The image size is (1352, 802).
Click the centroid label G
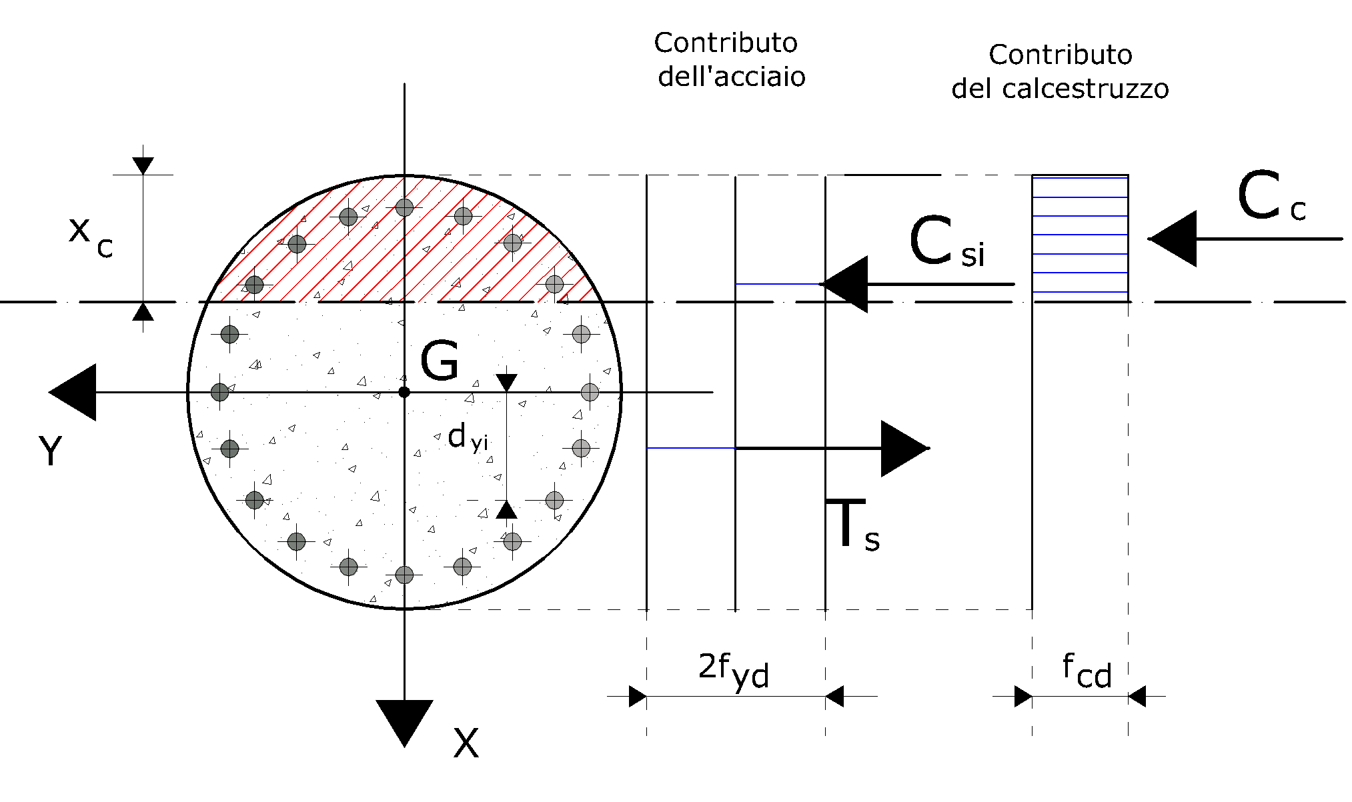(440, 361)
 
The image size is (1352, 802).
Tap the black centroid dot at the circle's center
(404, 392)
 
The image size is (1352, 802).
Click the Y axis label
(51, 451)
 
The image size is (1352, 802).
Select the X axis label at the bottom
(466, 743)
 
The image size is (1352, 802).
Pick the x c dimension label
(91, 237)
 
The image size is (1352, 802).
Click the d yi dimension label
(468, 439)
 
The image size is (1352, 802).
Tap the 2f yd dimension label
(734, 671)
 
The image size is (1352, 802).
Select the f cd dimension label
(1087, 671)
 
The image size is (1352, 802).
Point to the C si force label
(946, 241)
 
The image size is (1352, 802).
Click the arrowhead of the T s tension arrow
(905, 449)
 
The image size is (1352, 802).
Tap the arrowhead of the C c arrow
(1172, 239)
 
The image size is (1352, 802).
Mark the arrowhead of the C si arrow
(843, 284)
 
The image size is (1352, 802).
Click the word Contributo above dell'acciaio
(726, 43)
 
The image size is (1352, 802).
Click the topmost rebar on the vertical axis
(404, 207)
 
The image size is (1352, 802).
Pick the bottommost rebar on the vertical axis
(404, 575)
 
